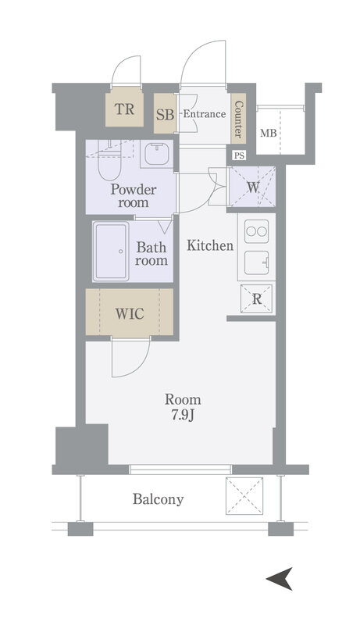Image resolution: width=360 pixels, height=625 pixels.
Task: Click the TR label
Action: pos(125,109)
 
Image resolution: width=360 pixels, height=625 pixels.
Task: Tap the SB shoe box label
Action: pos(165,115)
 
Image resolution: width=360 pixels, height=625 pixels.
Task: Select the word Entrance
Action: pos(205,114)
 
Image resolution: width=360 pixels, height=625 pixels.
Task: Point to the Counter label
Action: pos(238,119)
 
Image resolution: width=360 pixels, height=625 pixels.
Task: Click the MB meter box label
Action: pos(269,133)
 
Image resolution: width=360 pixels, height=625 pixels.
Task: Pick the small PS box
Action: pos(239,155)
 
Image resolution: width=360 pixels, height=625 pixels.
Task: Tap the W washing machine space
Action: pos(252,187)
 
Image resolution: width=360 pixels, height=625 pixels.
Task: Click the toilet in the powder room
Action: pos(109,161)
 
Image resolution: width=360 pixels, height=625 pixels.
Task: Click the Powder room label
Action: pos(134,196)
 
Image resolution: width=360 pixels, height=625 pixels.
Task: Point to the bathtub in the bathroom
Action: pos(111,252)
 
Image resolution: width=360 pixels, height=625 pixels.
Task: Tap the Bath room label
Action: pos(151,254)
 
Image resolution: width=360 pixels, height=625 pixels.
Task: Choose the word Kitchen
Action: pos(210,245)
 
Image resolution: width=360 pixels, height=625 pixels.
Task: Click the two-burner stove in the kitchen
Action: pos(256,231)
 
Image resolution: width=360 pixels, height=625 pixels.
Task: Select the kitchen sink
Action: pos(256,262)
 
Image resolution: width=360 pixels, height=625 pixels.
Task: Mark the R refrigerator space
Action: pos(257,299)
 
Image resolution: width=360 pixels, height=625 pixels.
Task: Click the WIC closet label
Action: pos(130,314)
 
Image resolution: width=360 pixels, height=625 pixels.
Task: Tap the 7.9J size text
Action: pos(184,416)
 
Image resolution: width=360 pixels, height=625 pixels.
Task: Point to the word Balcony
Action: pos(158,499)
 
